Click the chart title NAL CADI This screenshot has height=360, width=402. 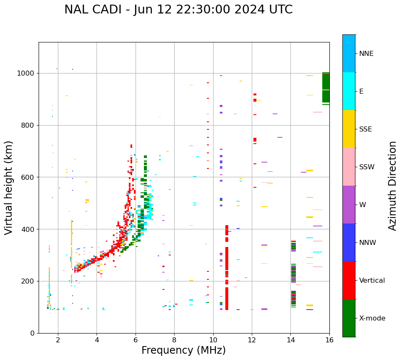click(178, 10)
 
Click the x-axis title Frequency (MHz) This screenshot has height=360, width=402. click(183, 350)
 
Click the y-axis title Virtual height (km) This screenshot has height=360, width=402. click(9, 187)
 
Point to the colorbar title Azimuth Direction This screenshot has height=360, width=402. click(392, 186)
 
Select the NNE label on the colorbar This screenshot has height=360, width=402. click(366, 54)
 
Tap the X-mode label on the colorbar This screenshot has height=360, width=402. click(372, 318)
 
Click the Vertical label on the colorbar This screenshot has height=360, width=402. click(372, 281)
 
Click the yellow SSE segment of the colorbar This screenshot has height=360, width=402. click(349, 129)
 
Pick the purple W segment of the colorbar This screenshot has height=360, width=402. click(349, 205)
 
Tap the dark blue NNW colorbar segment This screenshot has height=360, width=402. click(349, 242)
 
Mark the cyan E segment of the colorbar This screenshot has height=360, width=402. click(349, 91)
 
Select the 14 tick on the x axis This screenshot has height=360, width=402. click(290, 339)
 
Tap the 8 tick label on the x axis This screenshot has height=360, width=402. click(174, 339)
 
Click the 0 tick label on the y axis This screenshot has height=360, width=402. click(32, 333)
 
